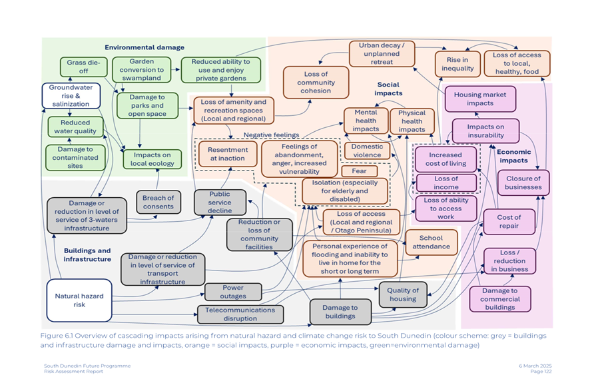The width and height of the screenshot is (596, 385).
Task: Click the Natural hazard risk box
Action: pyautogui.click(x=79, y=300)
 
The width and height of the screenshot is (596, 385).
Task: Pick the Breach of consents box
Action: pyautogui.click(x=158, y=202)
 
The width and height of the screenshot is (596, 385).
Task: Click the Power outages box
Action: pyautogui.click(x=233, y=292)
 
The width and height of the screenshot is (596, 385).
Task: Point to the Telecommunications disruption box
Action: pyautogui.click(x=240, y=314)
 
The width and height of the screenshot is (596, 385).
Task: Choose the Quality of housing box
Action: pyautogui.click(x=403, y=294)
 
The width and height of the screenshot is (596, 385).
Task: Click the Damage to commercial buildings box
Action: pyautogui.click(x=499, y=299)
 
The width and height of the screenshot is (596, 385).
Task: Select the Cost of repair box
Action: pyautogui.click(x=509, y=221)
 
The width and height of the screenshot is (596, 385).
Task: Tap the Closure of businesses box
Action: pyautogui.click(x=523, y=183)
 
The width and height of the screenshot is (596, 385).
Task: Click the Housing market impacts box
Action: pyautogui.click(x=479, y=99)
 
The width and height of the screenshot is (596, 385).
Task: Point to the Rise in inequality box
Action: pyautogui.click(x=457, y=64)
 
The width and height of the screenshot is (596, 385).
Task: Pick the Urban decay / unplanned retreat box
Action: pyautogui.click(x=382, y=53)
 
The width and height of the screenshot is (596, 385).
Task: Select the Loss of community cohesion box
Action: pyautogui.click(x=316, y=83)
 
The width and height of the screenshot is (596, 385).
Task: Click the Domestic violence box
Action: pyautogui.click(x=367, y=151)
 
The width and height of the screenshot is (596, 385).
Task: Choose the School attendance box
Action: pyautogui.click(x=431, y=242)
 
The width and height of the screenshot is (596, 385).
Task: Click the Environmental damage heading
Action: pyautogui.click(x=145, y=47)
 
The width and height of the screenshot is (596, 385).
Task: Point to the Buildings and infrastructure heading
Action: pyautogui.click(x=87, y=254)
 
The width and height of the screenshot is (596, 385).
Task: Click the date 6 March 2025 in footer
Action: pyautogui.click(x=536, y=366)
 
